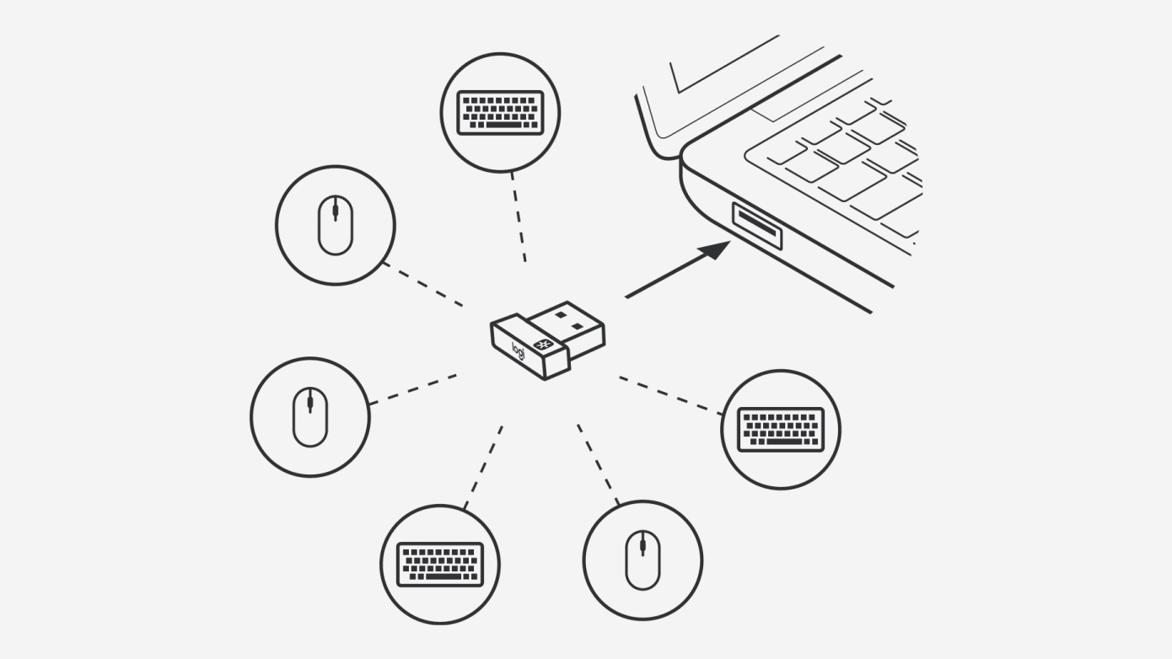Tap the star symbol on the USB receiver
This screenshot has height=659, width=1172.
pyautogui.click(x=540, y=344)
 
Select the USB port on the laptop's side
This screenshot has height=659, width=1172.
pyautogui.click(x=757, y=225)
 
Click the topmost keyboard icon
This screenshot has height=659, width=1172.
pyautogui.click(x=500, y=112)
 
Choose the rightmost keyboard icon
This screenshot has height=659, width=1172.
pyautogui.click(x=781, y=430)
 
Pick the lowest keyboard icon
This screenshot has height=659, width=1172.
pyautogui.click(x=440, y=565)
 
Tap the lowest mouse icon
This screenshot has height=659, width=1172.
pyautogui.click(x=643, y=560)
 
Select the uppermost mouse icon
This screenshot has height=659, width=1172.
pyautogui.click(x=336, y=225)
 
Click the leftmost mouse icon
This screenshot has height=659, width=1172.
pyautogui.click(x=310, y=417)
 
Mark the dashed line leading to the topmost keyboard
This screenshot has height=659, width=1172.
pyautogui.click(x=519, y=217)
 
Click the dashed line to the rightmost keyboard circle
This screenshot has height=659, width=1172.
pyautogui.click(x=671, y=395)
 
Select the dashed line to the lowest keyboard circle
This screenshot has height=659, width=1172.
pyautogui.click(x=483, y=467)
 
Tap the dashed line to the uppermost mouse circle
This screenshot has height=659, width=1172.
pyautogui.click(x=422, y=285)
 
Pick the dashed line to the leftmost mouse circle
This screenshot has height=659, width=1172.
pyautogui.click(x=413, y=389)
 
